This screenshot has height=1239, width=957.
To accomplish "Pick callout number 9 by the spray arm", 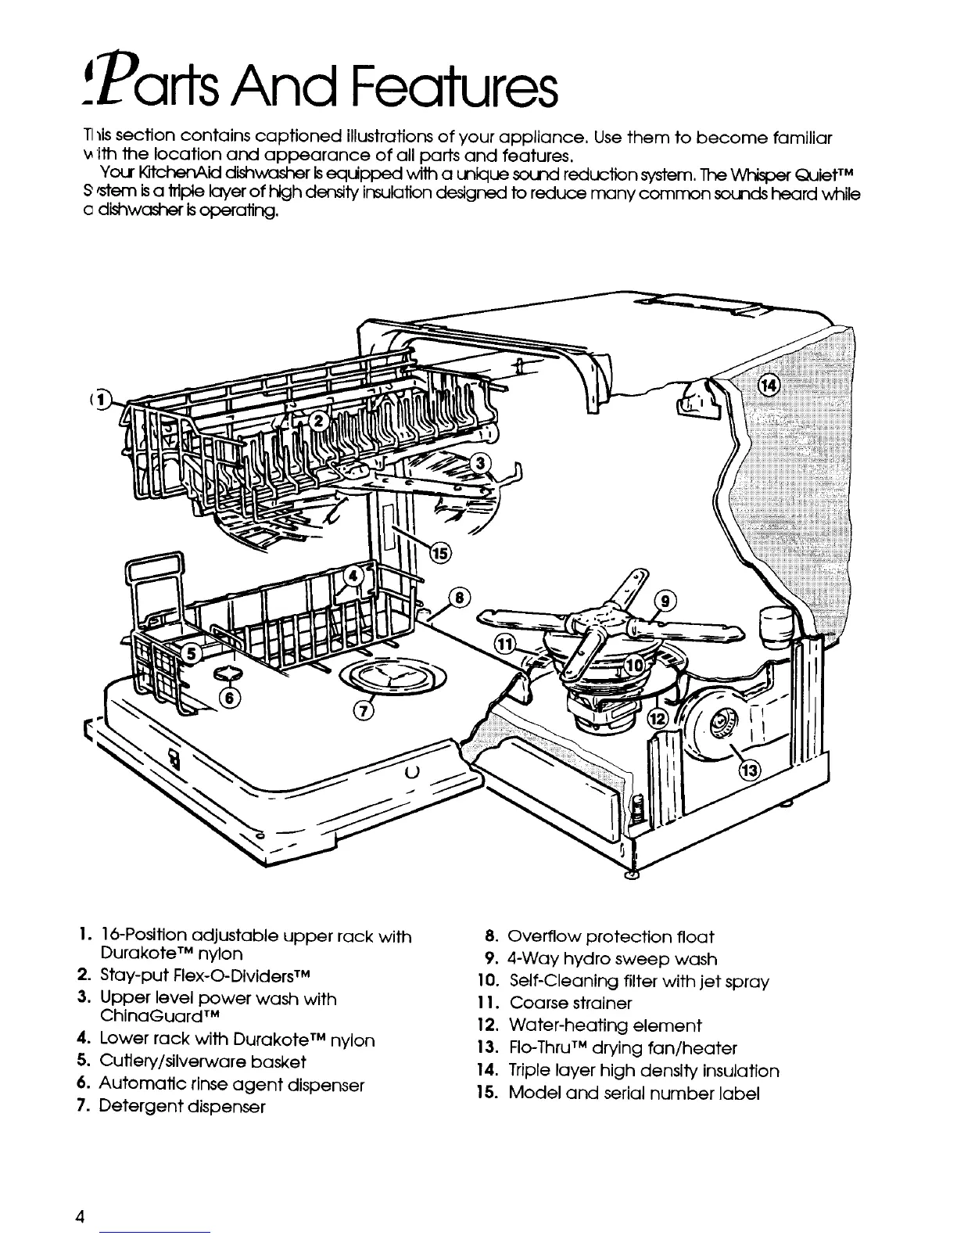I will pos(666,602).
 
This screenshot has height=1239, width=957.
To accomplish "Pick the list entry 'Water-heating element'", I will pos(604,1025).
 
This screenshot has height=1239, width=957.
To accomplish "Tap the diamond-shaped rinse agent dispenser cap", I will pos(230,673).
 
